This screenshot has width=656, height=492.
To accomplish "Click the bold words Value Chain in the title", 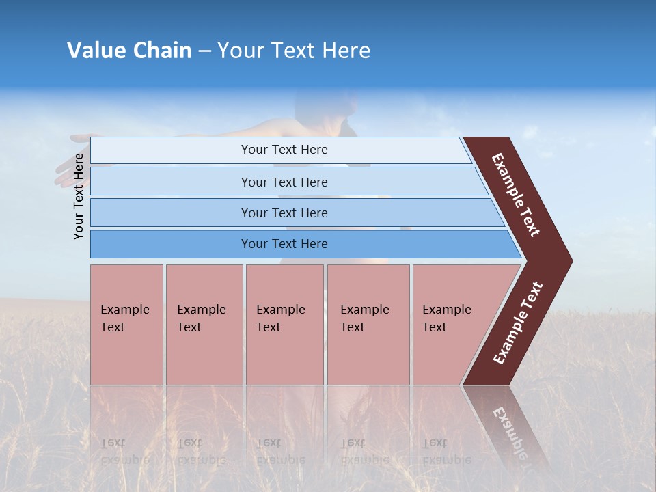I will (129, 51).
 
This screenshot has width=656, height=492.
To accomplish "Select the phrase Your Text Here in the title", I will (294, 51).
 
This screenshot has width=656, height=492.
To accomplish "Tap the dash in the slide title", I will (204, 51).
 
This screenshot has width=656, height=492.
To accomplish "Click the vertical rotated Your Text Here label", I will (79, 196).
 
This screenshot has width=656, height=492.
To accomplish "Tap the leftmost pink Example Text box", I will (126, 325).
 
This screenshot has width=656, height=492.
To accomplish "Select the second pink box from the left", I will (204, 325).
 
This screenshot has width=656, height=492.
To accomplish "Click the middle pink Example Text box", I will (284, 325).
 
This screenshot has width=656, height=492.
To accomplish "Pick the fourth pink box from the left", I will (368, 325).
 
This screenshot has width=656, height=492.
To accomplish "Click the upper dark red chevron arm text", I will (516, 195).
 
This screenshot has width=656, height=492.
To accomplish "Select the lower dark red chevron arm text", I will (518, 323).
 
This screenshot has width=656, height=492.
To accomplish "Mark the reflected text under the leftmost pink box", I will (125, 451).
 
